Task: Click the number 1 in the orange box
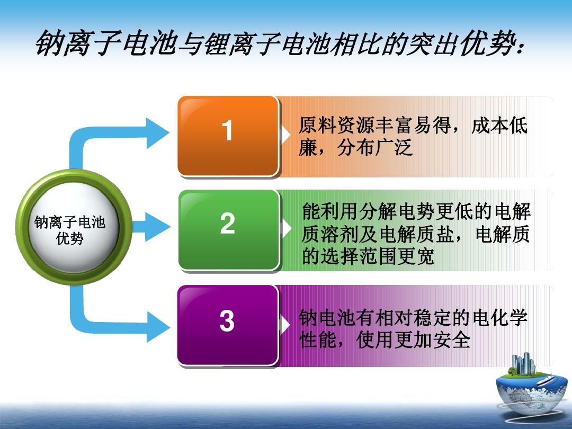click(x=227, y=130)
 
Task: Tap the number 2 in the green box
click(x=227, y=224)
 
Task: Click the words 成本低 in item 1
click(x=499, y=126)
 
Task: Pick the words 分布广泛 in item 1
click(x=375, y=147)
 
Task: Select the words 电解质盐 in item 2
click(x=416, y=234)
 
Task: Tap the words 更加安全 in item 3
click(x=432, y=339)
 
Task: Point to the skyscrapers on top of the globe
click(x=523, y=363)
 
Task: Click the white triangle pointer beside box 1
click(x=285, y=135)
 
